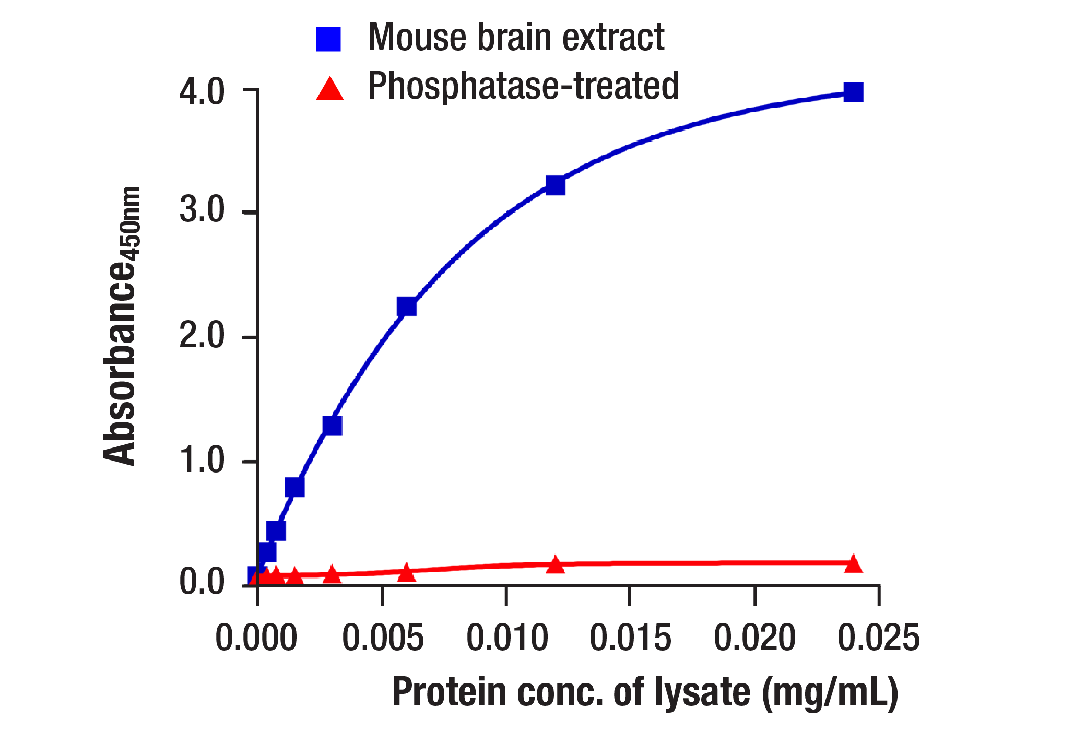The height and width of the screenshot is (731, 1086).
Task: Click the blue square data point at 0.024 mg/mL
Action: pyautogui.click(x=853, y=92)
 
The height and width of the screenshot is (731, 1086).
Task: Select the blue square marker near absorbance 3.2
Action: pyautogui.click(x=555, y=185)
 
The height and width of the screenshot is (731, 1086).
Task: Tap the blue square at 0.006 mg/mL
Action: pyautogui.click(x=406, y=306)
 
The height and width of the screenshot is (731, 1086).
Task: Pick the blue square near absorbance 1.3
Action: pyautogui.click(x=332, y=426)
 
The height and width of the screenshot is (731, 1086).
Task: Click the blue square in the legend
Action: pyautogui.click(x=328, y=39)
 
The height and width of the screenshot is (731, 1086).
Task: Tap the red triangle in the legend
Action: pyautogui.click(x=330, y=89)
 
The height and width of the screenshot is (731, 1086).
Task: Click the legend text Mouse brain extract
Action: pyautogui.click(x=516, y=38)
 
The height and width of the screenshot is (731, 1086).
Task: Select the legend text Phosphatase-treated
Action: pyautogui.click(x=523, y=86)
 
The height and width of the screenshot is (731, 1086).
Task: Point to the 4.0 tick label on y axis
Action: pyautogui.click(x=202, y=92)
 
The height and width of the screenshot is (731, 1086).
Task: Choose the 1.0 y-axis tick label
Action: pyautogui.click(x=202, y=461)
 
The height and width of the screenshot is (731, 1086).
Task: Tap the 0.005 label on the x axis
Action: pyautogui.click(x=383, y=638)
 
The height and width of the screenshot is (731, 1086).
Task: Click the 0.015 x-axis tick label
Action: pyautogui.click(x=630, y=638)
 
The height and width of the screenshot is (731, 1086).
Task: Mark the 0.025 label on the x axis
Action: pyautogui.click(x=878, y=638)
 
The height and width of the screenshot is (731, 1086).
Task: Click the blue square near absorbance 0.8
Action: pyautogui.click(x=294, y=487)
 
